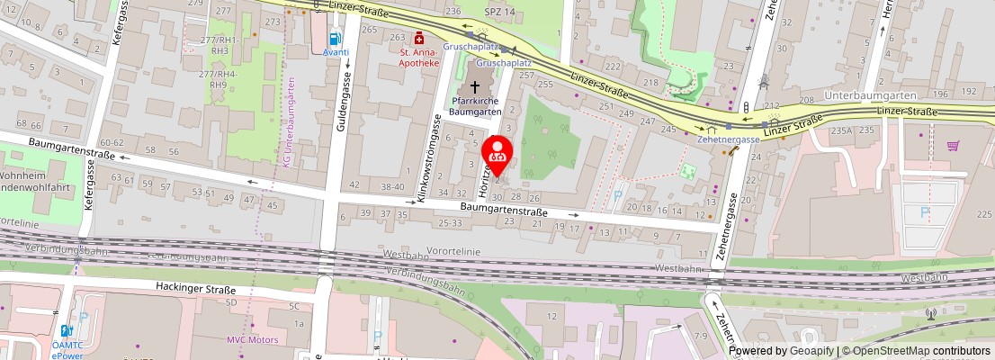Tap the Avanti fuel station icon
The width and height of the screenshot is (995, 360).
336,39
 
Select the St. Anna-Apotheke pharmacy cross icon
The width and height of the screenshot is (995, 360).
418,39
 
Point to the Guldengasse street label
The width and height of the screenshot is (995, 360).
343,104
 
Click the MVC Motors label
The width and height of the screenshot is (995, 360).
251,340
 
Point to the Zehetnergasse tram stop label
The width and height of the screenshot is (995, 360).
729,139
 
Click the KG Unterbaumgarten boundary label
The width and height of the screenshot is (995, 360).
288,121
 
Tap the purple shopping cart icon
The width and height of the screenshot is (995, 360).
953,146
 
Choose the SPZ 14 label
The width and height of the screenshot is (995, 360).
500,11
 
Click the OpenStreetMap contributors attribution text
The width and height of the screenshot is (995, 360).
917,351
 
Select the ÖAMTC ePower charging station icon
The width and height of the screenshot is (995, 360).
66,330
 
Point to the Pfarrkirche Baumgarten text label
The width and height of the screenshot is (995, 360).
475,106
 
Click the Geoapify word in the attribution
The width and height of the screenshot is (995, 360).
810,351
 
